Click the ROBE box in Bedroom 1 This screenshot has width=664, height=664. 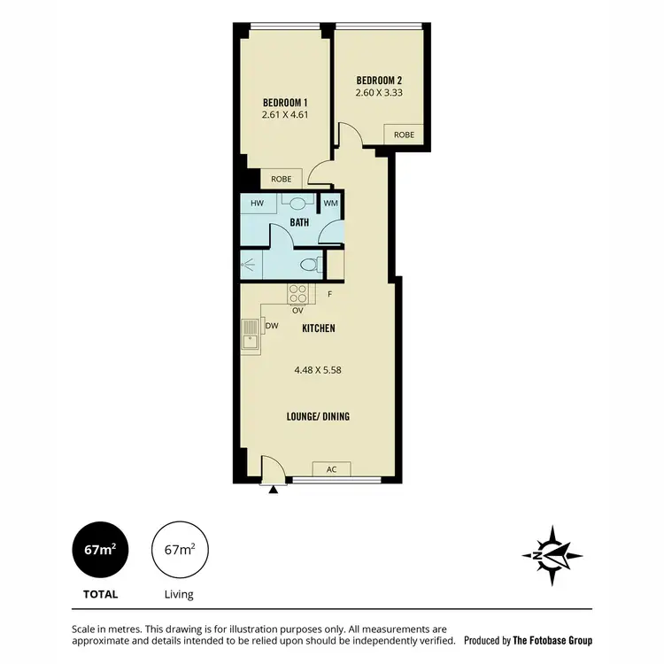point(281,178)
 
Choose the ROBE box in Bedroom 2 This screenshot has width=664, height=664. point(404,135)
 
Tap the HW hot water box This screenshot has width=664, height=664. point(258,204)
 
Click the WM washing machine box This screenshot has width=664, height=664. point(330,204)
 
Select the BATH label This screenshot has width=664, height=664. point(299,222)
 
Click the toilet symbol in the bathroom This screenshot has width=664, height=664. point(309,264)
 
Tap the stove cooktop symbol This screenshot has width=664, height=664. point(297,293)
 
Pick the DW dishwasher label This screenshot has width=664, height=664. point(273,326)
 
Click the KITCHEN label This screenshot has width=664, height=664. point(319,328)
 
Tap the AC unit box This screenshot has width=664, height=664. point(332,469)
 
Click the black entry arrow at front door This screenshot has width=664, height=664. point(274,488)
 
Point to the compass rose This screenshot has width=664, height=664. point(552,555)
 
